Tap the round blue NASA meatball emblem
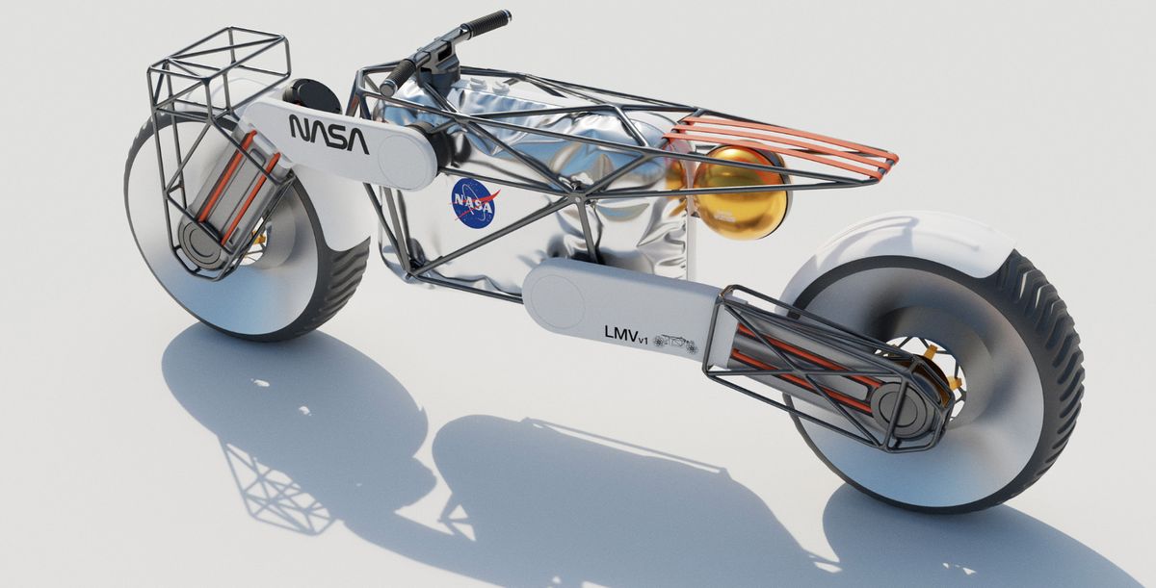click(474, 202)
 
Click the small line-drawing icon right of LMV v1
click(676, 343)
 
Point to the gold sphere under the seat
click(739, 192)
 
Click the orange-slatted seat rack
click(780, 143)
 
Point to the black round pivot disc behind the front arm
click(308, 95)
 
